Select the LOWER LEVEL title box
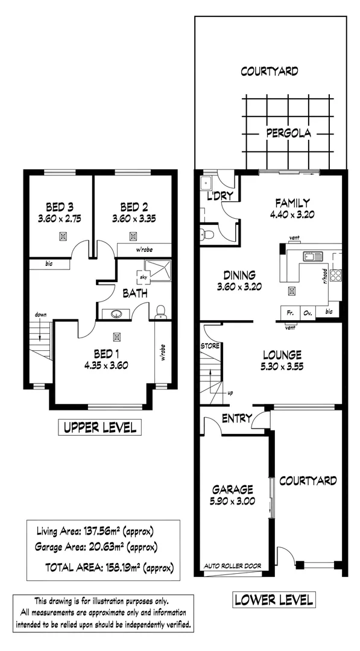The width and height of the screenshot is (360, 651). point(273,600)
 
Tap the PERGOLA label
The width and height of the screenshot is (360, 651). point(289,133)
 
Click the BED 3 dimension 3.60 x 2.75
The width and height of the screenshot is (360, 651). point(60,219)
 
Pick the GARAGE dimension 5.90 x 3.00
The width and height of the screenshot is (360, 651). point(232,501)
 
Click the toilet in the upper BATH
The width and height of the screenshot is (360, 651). point(160,312)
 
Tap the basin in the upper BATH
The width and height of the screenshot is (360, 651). point(116,313)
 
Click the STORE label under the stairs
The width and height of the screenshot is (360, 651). point(209,346)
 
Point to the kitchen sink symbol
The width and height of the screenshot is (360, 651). point(314,256)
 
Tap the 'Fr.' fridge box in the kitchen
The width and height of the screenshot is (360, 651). point(289,313)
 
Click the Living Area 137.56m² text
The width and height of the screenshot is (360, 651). point(95,531)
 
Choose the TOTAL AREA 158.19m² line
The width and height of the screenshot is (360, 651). point(109,567)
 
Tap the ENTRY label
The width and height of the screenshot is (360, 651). point(236,418)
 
